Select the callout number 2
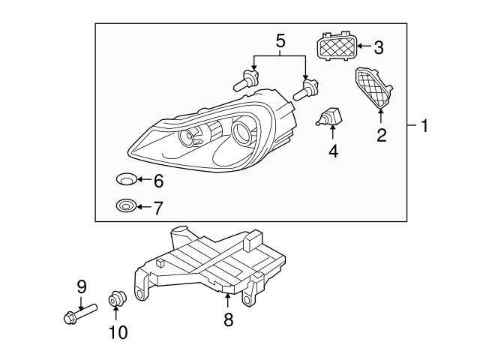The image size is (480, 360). click(381, 136)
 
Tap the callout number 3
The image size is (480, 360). click(378, 47)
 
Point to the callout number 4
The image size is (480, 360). click(333, 151)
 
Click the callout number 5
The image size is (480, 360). click(280, 40)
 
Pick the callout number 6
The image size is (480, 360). click(158, 180)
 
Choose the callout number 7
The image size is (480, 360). click(158, 207)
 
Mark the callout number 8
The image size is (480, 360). click(228, 319)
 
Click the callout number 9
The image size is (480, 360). click(82, 286)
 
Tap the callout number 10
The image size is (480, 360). click(118, 331)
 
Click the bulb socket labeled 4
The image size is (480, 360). click(331, 118)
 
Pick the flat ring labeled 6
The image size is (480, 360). click(127, 179)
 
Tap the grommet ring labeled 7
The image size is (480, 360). click(125, 205)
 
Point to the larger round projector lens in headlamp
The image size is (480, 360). click(244, 133)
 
